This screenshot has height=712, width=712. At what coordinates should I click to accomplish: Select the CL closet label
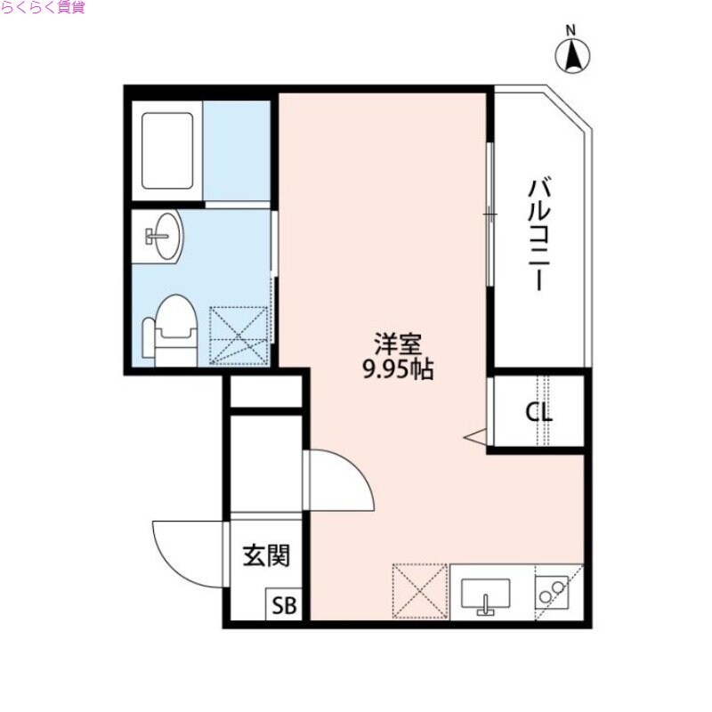[538, 413]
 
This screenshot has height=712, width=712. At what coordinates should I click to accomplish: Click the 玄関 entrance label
[266, 557]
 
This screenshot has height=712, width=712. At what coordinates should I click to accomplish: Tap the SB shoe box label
[284, 607]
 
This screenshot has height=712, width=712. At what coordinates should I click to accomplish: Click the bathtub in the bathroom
[167, 150]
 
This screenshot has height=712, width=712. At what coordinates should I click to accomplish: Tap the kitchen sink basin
[485, 595]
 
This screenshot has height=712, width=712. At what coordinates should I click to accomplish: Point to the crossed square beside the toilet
[239, 335]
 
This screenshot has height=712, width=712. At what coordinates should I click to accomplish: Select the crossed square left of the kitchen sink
[420, 590]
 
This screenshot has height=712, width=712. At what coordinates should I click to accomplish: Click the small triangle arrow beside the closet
[475, 437]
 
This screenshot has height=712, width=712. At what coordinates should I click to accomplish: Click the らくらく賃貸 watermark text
[43, 9]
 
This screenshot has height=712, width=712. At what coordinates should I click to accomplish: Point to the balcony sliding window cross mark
[489, 214]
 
